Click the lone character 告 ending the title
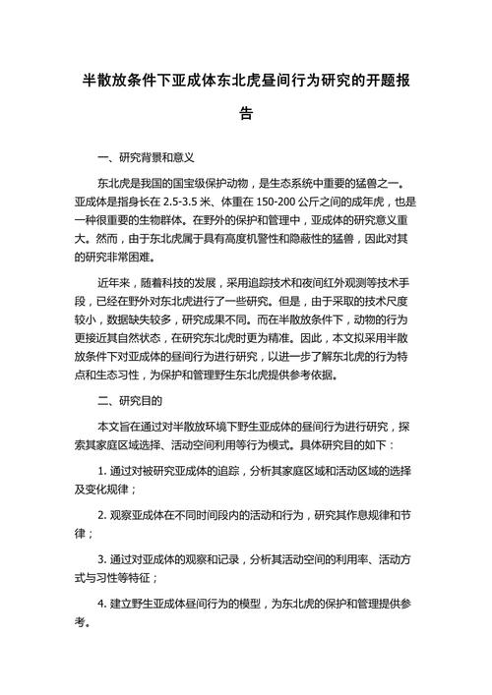point(246,113)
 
